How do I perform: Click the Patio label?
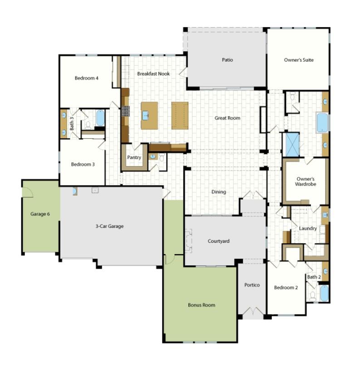pos(227,60)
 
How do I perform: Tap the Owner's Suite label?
pos(299,60)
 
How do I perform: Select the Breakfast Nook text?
pos(153,74)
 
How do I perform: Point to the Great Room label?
pos(227,118)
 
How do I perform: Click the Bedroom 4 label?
pos(86,78)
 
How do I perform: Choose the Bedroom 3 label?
pos(83,164)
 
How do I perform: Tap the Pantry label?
pos(134,157)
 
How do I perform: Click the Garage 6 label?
pos(40,214)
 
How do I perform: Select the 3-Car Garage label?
pos(109,226)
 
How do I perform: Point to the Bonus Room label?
pos(202,305)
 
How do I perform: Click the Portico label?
pos(252,285)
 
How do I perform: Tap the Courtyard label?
pos(218,241)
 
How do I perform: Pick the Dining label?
pos(219,192)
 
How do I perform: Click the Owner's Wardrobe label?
pos(306,182)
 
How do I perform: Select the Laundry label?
pos(308,229)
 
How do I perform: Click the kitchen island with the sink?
pos(149,116)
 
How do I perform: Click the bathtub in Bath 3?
pos(100,118)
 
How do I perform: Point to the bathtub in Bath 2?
pos(324,293)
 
